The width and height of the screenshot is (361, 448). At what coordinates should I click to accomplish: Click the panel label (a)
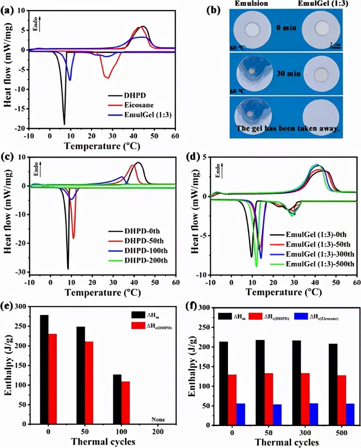pyautogui.click(x=10, y=9)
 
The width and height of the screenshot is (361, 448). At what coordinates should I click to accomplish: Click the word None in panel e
pyautogui.click(x=158, y=420)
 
